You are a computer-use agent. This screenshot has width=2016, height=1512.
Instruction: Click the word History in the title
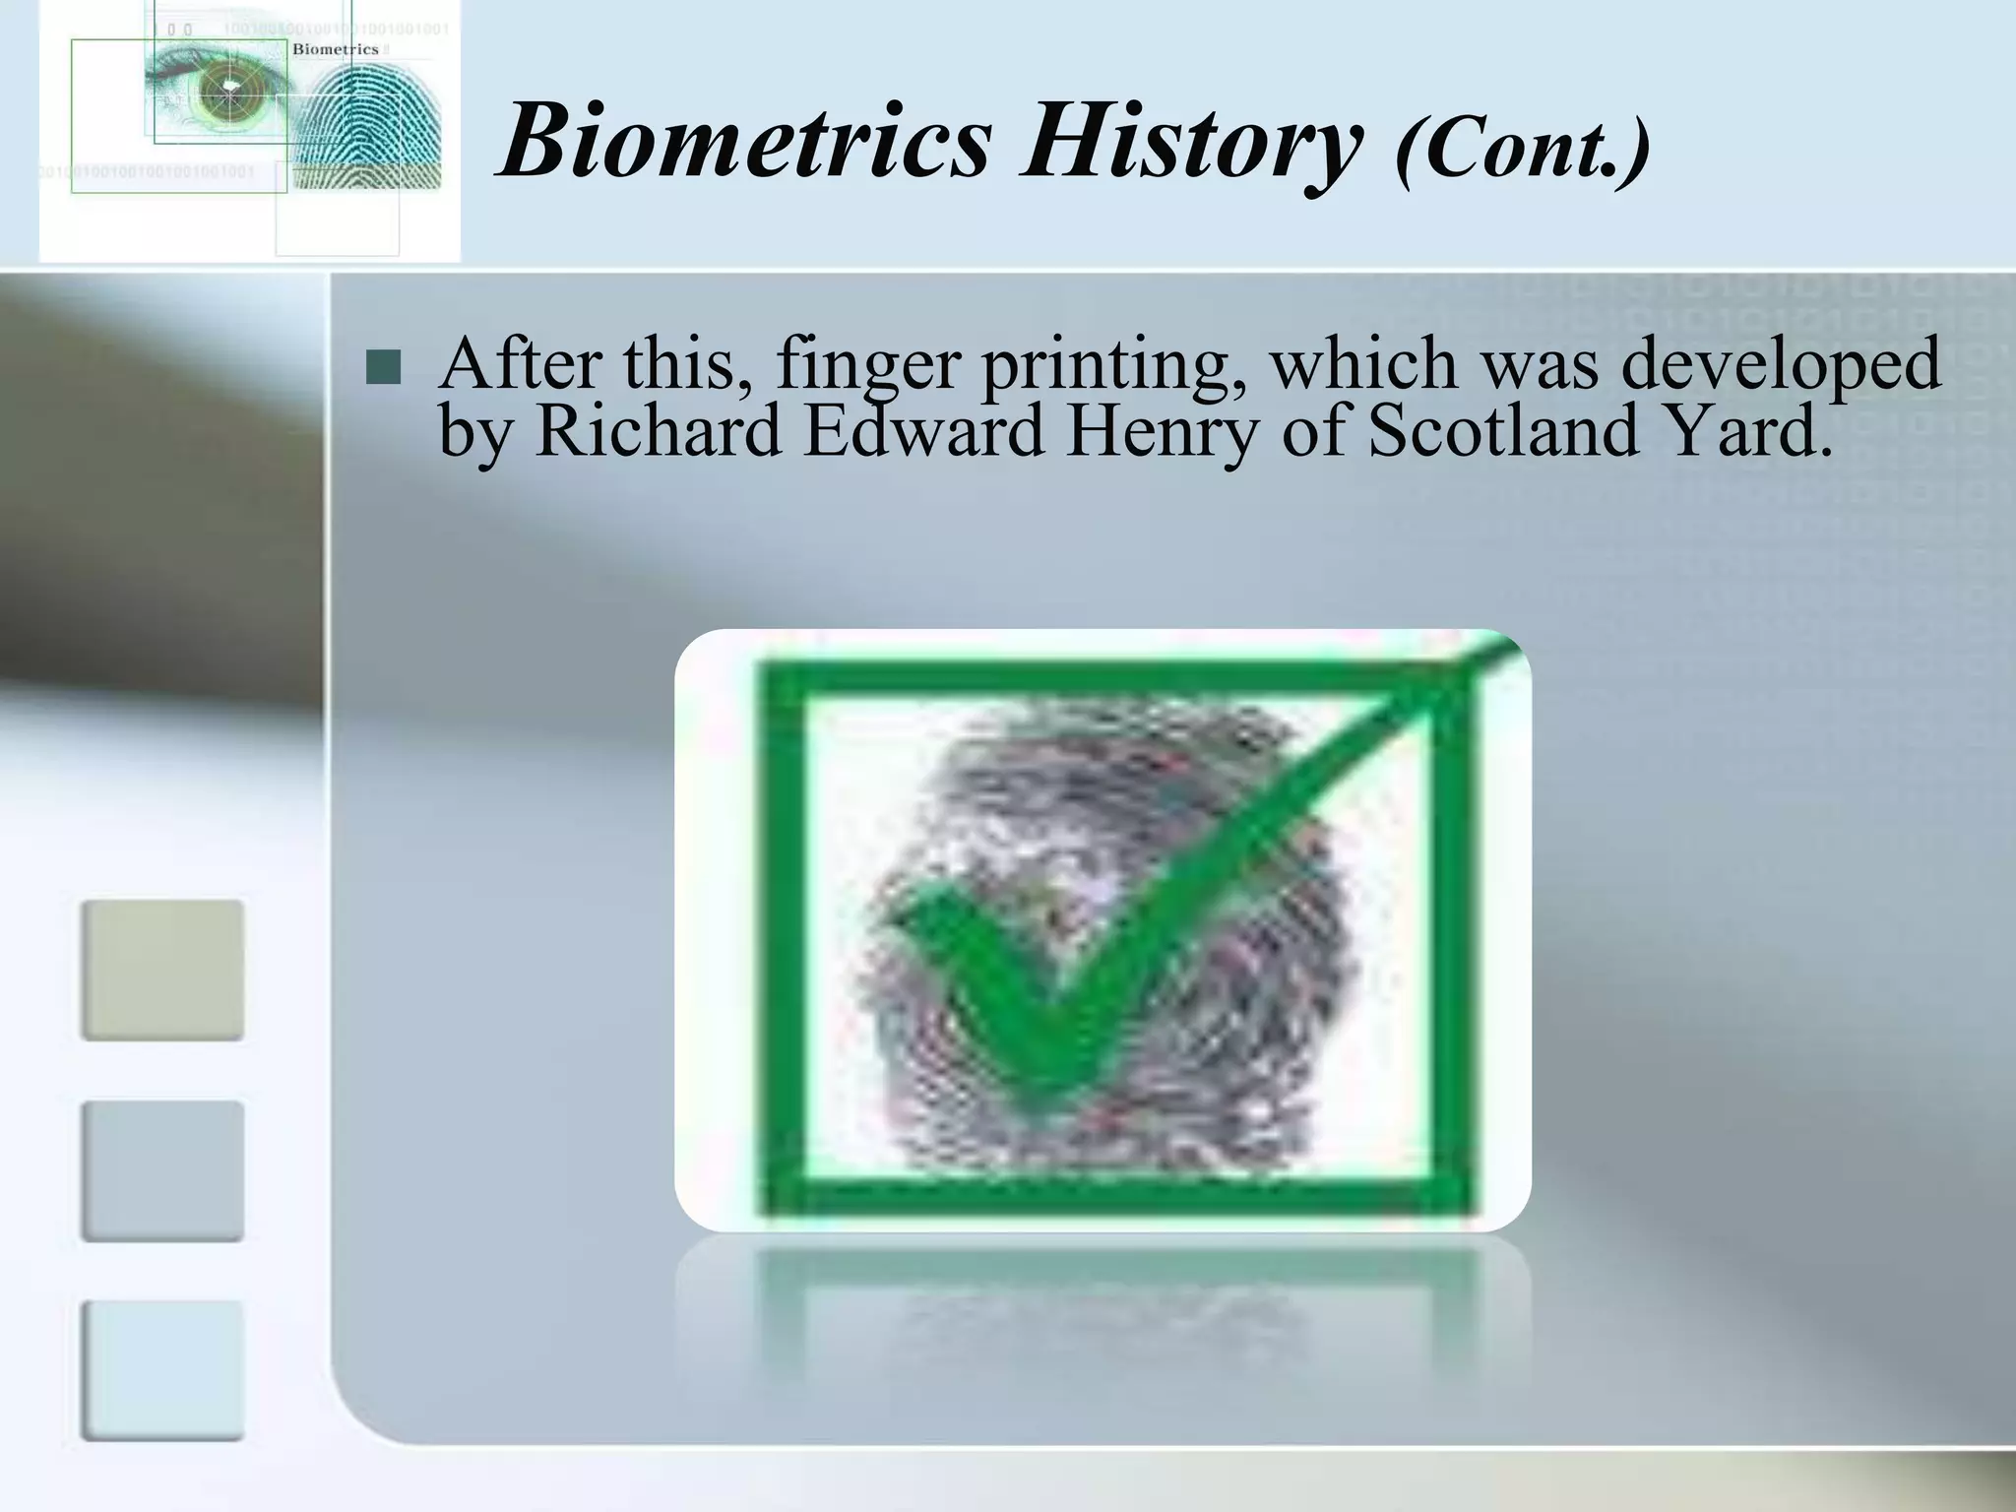tap(1190, 143)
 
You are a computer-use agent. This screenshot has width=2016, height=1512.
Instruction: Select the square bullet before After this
tap(383, 367)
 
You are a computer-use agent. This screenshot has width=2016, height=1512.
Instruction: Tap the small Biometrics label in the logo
tap(335, 49)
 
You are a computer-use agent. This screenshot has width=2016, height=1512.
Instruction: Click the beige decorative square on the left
tap(162, 970)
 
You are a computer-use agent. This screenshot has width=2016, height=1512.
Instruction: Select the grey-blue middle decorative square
tap(162, 1170)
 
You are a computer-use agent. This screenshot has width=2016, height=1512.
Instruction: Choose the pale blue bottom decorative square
tap(162, 1371)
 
